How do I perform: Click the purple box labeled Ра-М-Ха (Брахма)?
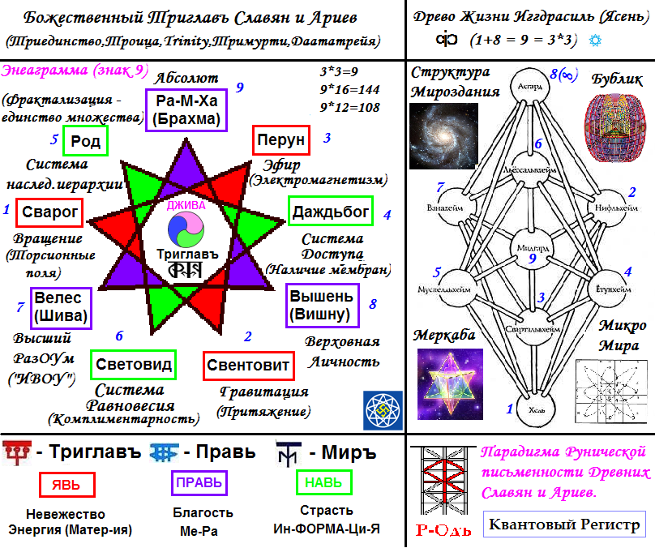coord(186,110)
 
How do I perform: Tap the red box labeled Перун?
coord(280,140)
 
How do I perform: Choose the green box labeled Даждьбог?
coord(330,212)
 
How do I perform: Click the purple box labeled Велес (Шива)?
coord(61,307)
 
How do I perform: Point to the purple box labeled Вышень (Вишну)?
coord(321,306)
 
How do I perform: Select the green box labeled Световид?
coord(134,366)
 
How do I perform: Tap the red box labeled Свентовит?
coord(247,366)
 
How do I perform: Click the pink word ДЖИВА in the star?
coord(186,206)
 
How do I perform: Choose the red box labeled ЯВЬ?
coord(66,484)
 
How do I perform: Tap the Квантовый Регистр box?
coord(565,524)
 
